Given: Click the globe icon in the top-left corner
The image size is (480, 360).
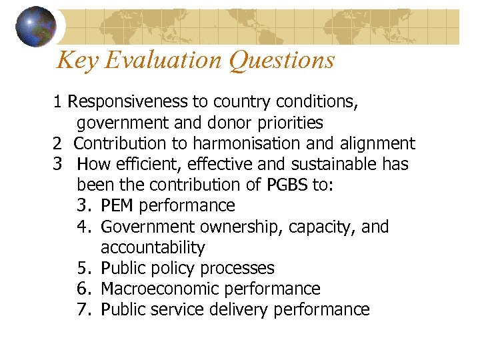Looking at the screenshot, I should [35, 26].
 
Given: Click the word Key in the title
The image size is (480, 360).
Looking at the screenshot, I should [72, 60].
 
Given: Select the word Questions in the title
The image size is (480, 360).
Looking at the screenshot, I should [282, 60].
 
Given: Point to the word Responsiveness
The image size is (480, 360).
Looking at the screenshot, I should [128, 102].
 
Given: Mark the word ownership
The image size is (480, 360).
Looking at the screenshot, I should [245, 227].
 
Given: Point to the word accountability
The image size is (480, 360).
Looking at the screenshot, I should [153, 247].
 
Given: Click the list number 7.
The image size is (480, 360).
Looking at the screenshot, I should [83, 309].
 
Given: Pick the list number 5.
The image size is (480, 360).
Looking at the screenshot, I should [83, 268].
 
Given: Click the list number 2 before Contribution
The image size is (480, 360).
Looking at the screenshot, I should [57, 143].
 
